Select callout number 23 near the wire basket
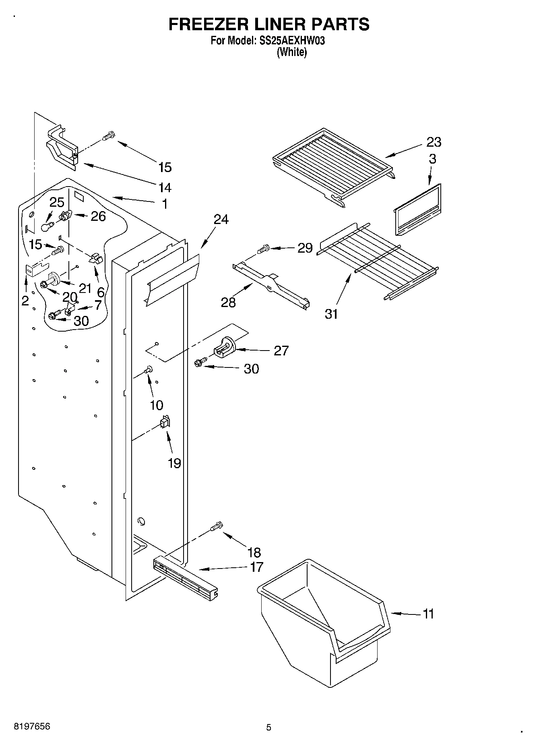point(434,142)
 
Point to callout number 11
point(428,614)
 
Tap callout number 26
point(98,216)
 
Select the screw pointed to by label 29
point(264,249)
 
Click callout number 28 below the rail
point(228,302)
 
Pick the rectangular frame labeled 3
point(417,210)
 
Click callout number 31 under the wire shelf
point(331,313)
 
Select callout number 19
point(174,463)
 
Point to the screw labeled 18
point(217,526)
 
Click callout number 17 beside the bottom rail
point(256,567)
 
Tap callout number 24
point(221,219)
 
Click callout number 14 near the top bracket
point(165,187)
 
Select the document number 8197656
point(32,727)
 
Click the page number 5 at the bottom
point(269,728)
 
